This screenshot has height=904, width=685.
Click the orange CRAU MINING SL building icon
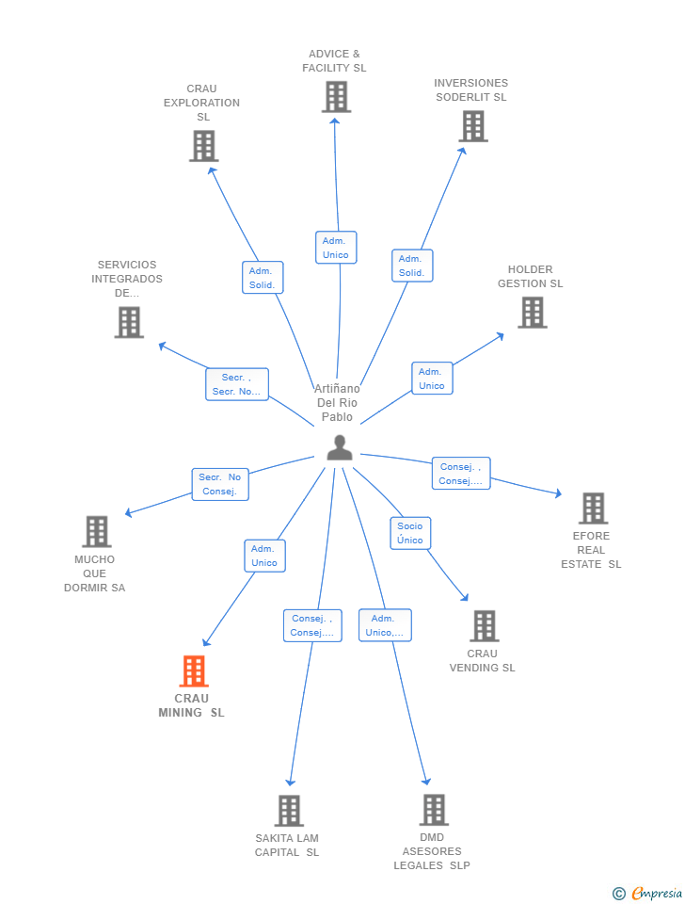[194, 671]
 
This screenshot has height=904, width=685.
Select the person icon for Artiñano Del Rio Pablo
[340, 448]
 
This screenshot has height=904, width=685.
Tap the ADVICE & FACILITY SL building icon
[336, 97]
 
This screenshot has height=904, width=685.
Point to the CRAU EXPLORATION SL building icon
[203, 146]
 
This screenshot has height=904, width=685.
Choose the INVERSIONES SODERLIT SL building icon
[472, 126]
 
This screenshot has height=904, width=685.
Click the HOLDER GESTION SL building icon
[532, 313]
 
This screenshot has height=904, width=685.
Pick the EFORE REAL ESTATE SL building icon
[593, 508]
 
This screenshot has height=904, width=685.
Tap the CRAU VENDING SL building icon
[484, 626]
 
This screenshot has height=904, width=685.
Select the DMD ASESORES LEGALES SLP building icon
[433, 810]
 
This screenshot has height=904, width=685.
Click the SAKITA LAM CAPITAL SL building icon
[289, 811]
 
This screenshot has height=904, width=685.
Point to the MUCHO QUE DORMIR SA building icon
[96, 532]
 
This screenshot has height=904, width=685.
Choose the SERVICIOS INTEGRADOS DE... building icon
[129, 323]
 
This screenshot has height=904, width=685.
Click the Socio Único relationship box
[410, 533]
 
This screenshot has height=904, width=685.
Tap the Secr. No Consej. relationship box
[220, 484]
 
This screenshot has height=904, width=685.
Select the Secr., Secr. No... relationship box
[237, 384]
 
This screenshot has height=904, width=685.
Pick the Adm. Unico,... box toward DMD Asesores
[385, 625]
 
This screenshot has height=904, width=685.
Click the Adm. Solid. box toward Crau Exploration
[263, 278]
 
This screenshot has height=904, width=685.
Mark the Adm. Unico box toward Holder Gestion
[432, 379]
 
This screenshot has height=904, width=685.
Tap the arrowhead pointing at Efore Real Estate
[558, 492]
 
